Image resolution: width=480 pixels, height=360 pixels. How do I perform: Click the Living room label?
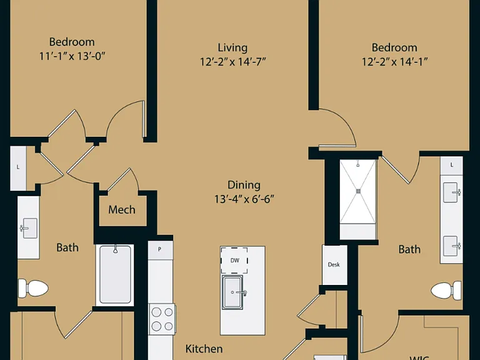(232, 47)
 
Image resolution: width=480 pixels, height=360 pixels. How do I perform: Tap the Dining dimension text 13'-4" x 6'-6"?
(244, 199)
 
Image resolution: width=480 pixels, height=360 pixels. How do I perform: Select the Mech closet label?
(122, 210)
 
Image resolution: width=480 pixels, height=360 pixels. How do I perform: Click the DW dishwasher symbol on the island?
(234, 260)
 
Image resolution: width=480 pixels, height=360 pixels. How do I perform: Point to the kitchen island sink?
(232, 292)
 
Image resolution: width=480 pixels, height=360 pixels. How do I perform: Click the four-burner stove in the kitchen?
(162, 319)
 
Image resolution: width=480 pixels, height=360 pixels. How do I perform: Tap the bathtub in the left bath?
(115, 275)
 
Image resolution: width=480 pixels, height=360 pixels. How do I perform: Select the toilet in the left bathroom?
(33, 288)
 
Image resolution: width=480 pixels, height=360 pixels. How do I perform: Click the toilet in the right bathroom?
(446, 290)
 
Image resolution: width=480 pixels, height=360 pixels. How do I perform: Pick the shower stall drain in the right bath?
(359, 191)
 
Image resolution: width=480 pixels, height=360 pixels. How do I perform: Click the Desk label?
(334, 264)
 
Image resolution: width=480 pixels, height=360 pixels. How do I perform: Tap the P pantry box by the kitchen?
(160, 250)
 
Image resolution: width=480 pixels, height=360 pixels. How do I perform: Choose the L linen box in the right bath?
(451, 166)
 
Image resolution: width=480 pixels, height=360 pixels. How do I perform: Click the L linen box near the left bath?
(18, 168)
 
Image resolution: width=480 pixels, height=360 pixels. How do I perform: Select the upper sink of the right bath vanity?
(452, 192)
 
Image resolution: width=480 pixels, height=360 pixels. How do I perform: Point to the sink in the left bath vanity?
(29, 228)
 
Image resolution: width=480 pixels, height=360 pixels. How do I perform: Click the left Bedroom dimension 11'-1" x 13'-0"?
(72, 56)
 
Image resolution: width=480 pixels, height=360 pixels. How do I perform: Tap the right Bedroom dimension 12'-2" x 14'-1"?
(394, 62)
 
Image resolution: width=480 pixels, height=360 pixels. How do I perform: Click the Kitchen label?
(204, 349)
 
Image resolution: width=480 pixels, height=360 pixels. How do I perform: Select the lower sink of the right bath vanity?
(452, 246)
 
